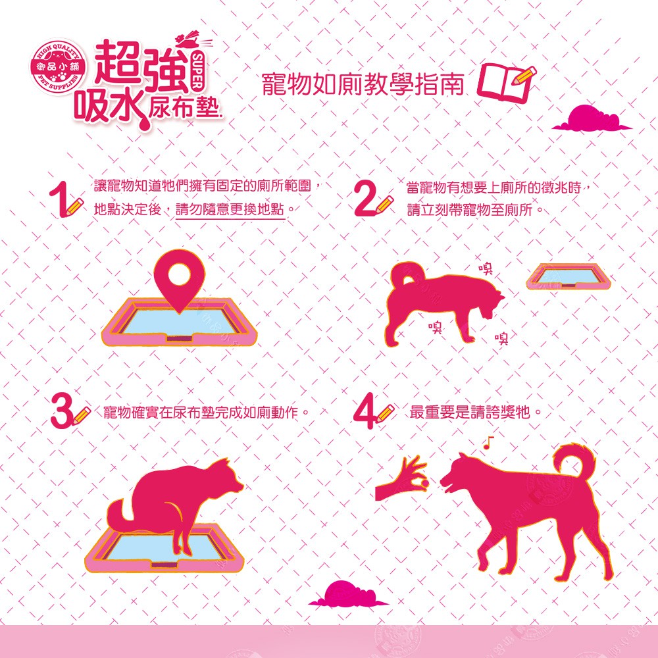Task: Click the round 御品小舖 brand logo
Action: tap(59, 67)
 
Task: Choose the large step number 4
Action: tap(365, 411)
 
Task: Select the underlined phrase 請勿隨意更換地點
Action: tap(230, 209)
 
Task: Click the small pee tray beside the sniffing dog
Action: tap(569, 277)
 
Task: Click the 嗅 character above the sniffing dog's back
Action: tap(486, 268)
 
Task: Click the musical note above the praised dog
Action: tap(488, 442)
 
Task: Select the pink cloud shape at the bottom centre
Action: tap(348, 594)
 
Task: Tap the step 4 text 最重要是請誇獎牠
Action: tap(470, 412)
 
